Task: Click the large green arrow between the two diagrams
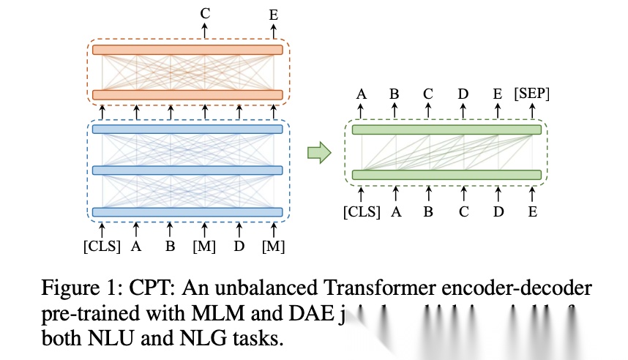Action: coord(318,153)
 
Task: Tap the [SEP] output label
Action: coord(532,94)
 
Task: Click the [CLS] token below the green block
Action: coord(362,212)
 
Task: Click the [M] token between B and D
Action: coord(204,246)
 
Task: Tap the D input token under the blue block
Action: coord(239,246)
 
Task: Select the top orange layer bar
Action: coord(187,50)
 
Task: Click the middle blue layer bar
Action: coord(187,170)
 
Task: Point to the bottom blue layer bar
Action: coord(187,212)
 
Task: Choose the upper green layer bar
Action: coord(446,130)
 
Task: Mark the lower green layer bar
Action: coord(446,175)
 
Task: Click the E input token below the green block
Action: coord(533,212)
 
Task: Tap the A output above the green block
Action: coord(362,94)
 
